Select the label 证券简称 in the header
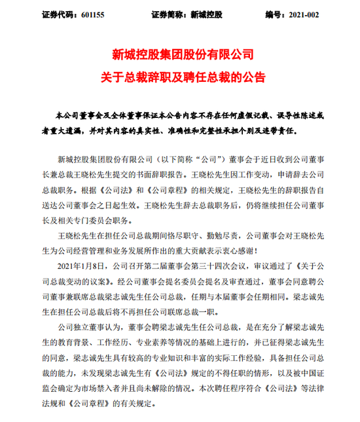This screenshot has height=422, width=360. click(x=166, y=13)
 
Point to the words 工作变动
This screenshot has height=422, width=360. click(x=268, y=176)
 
